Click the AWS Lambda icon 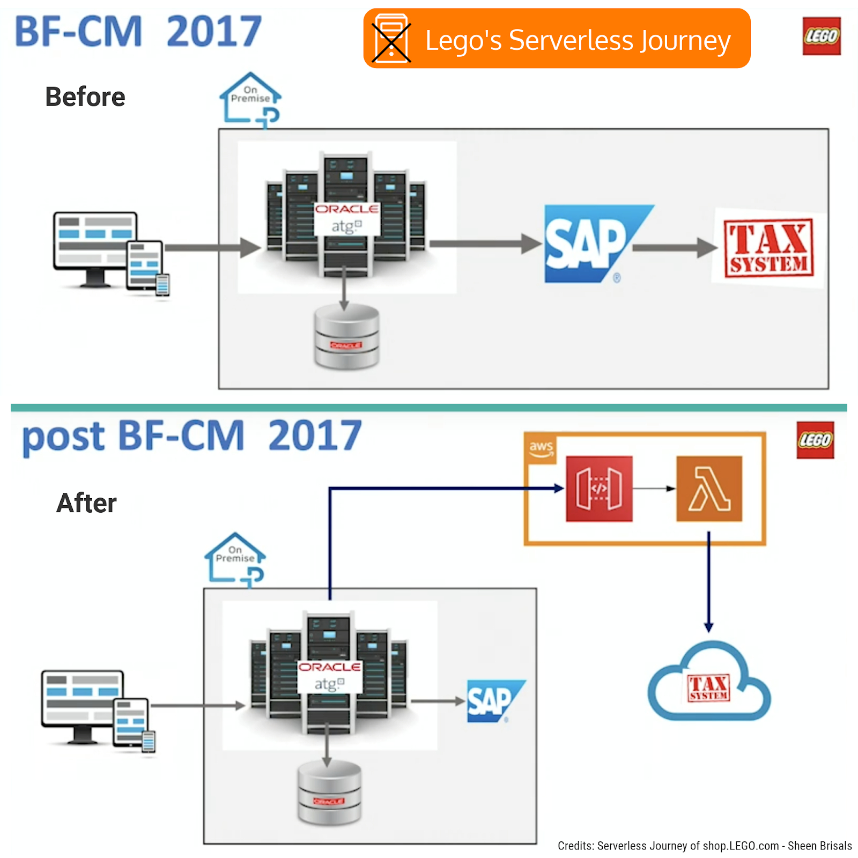pos(709,489)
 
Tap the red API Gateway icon pos(599,489)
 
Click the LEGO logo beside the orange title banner pos(821,36)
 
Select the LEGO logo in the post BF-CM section pos(815,440)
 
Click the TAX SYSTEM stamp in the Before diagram pos(768,248)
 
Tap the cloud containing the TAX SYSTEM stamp pos(709,684)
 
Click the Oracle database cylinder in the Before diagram pos(346,337)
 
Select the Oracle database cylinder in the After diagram pos(329,793)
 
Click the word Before pos(85,97)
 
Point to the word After pos(86,503)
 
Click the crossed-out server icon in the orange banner pos(391,39)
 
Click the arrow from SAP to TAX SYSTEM pos(674,248)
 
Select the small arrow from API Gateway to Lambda pos(654,489)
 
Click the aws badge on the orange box pos(541,447)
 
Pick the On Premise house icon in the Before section pos(250,98)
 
